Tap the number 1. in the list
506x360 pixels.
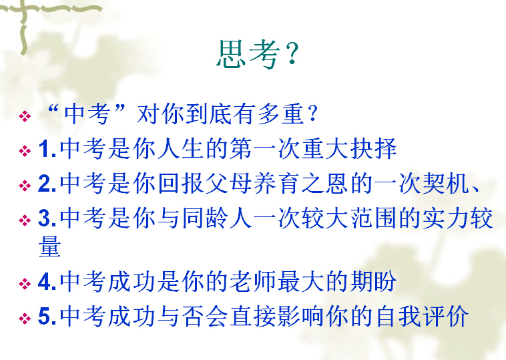click(x=48, y=149)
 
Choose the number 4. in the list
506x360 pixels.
click(x=48, y=282)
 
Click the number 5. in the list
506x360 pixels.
click(x=48, y=317)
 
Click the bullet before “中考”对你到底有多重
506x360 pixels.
click(x=25, y=116)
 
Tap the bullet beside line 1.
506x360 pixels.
click(x=25, y=150)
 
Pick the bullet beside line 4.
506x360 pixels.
click(x=25, y=283)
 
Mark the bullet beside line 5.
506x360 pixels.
click(x=25, y=318)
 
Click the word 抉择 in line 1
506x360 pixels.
click(x=374, y=148)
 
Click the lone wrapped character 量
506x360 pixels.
click(x=50, y=246)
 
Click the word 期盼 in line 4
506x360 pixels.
click(x=374, y=281)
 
